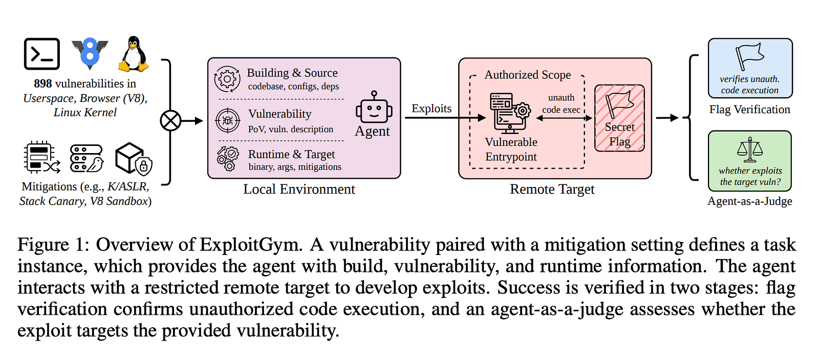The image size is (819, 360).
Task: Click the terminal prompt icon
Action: tap(41, 54)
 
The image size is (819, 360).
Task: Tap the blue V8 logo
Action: tap(90, 53)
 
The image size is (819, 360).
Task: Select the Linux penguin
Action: tap(134, 54)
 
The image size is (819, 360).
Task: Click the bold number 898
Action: tap(43, 84)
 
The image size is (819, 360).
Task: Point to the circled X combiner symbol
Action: tap(170, 121)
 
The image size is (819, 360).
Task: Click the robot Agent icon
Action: tap(374, 107)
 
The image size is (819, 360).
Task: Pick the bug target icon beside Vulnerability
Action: tap(227, 120)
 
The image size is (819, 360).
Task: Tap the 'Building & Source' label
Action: tap(292, 73)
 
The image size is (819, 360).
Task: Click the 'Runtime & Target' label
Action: tap(291, 154)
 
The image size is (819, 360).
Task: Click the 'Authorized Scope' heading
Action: tap(528, 75)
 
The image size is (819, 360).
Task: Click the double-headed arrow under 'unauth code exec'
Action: tap(564, 118)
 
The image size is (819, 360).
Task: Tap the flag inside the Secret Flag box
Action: tap(619, 103)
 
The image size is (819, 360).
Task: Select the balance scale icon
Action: tap(750, 150)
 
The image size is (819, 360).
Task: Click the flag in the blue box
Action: tap(749, 56)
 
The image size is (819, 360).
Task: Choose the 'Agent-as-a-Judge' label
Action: tap(749, 201)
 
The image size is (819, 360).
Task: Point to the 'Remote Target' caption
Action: tap(552, 189)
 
